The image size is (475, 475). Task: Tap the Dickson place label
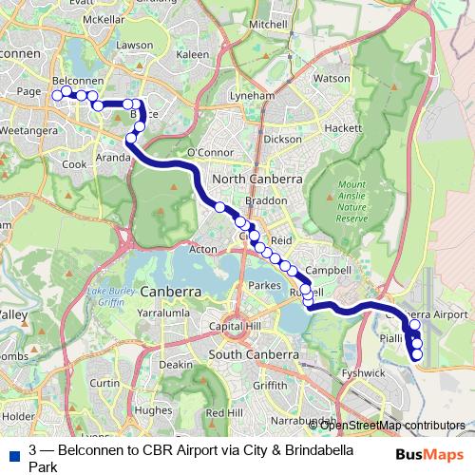[283, 139]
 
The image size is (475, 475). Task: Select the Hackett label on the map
[342, 127]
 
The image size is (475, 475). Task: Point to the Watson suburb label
[332, 78]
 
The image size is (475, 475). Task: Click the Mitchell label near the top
[267, 23]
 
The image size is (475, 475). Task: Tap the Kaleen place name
[192, 55]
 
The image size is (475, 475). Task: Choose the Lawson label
[134, 45]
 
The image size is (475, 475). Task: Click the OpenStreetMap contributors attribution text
[393, 425]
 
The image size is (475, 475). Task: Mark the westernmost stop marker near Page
[57, 94]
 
